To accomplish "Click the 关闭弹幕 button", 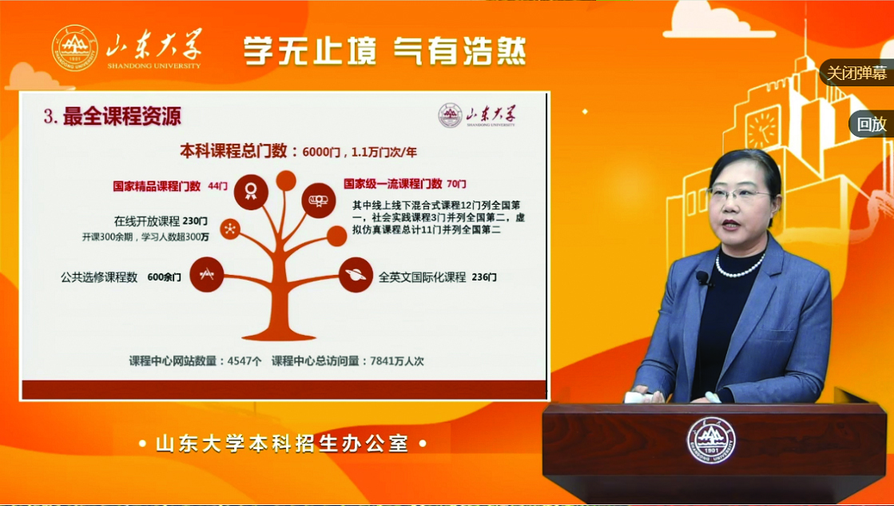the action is coord(856,73).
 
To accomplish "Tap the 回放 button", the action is coord(871,124).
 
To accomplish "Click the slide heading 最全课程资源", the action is coord(121,117).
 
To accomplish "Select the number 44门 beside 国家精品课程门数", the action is coord(217,186).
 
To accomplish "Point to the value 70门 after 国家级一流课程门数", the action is coord(456,184).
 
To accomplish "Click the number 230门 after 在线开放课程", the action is coord(195,221).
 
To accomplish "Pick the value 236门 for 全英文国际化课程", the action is coord(484,277).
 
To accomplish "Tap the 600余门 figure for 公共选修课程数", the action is coord(165,277).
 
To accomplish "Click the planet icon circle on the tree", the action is coord(356,275).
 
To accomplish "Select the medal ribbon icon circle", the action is coord(250,191).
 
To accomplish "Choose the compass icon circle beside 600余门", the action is coord(206,275).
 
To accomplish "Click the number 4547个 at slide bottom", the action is coord(244,361).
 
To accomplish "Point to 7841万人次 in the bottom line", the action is coord(397,361).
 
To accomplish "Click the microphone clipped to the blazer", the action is coord(702,278).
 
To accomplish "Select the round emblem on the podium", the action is coord(710,441).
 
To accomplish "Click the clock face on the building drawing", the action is coord(763,129).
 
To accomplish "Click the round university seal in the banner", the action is coord(74,49).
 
